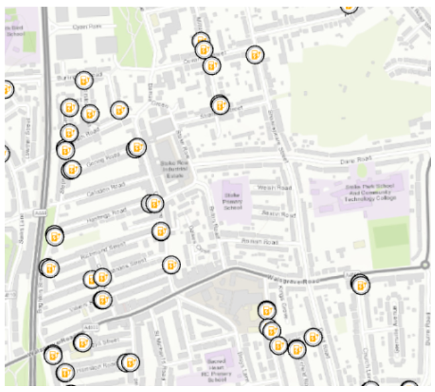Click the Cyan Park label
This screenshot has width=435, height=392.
[88, 26]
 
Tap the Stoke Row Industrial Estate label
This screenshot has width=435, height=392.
[172, 170]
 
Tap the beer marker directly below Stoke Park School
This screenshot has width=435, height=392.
[361, 286]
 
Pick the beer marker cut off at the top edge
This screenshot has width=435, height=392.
[349, 5]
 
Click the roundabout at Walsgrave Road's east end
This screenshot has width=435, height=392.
[426, 267]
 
